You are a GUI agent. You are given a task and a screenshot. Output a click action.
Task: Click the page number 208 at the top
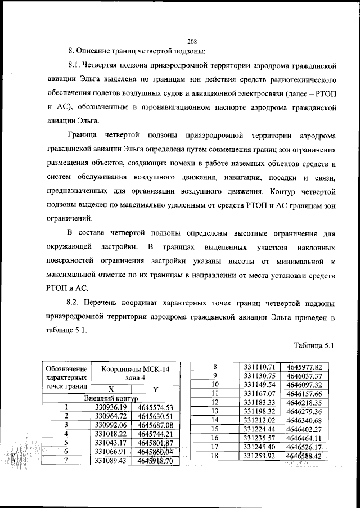tap(192, 41)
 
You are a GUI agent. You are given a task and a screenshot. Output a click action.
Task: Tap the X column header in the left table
tap(111, 389)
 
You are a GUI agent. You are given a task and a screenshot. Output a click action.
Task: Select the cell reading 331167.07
tap(259, 393)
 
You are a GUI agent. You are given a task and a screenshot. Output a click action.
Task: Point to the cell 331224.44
tap(259, 429)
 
